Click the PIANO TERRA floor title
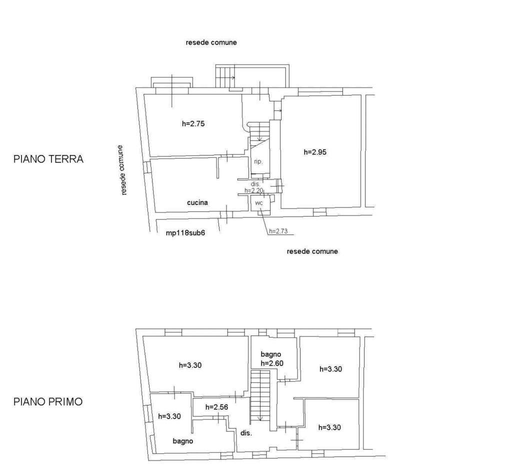pyautogui.click(x=48, y=159)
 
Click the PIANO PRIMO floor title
pyautogui.click(x=48, y=401)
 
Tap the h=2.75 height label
pyautogui.click(x=193, y=123)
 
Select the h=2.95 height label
pyautogui.click(x=315, y=152)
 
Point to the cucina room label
pyautogui.click(x=197, y=202)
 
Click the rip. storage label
pyautogui.click(x=258, y=162)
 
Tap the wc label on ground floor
pyautogui.click(x=259, y=203)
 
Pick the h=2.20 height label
pyautogui.click(x=253, y=190)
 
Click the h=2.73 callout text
pyautogui.click(x=278, y=231)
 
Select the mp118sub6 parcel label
pyautogui.click(x=185, y=233)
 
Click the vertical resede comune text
pyautogui.click(x=121, y=170)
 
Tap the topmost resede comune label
pyautogui.click(x=211, y=42)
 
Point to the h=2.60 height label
pyautogui.click(x=272, y=363)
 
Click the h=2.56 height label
pyautogui.click(x=217, y=407)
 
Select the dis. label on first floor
pyautogui.click(x=246, y=433)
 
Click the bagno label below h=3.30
pyautogui.click(x=183, y=441)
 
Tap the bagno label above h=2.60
pyautogui.click(x=271, y=354)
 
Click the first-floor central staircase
pyautogui.click(x=260, y=395)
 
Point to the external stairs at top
pyautogui.click(x=225, y=77)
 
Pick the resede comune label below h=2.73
pyautogui.click(x=312, y=251)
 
